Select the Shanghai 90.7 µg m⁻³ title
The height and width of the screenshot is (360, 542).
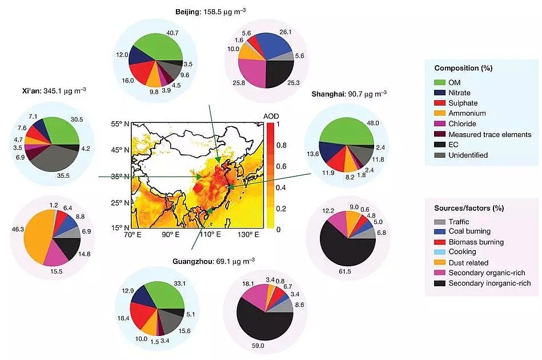coord(348,94)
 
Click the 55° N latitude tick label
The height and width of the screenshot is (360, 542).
coord(120,124)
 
